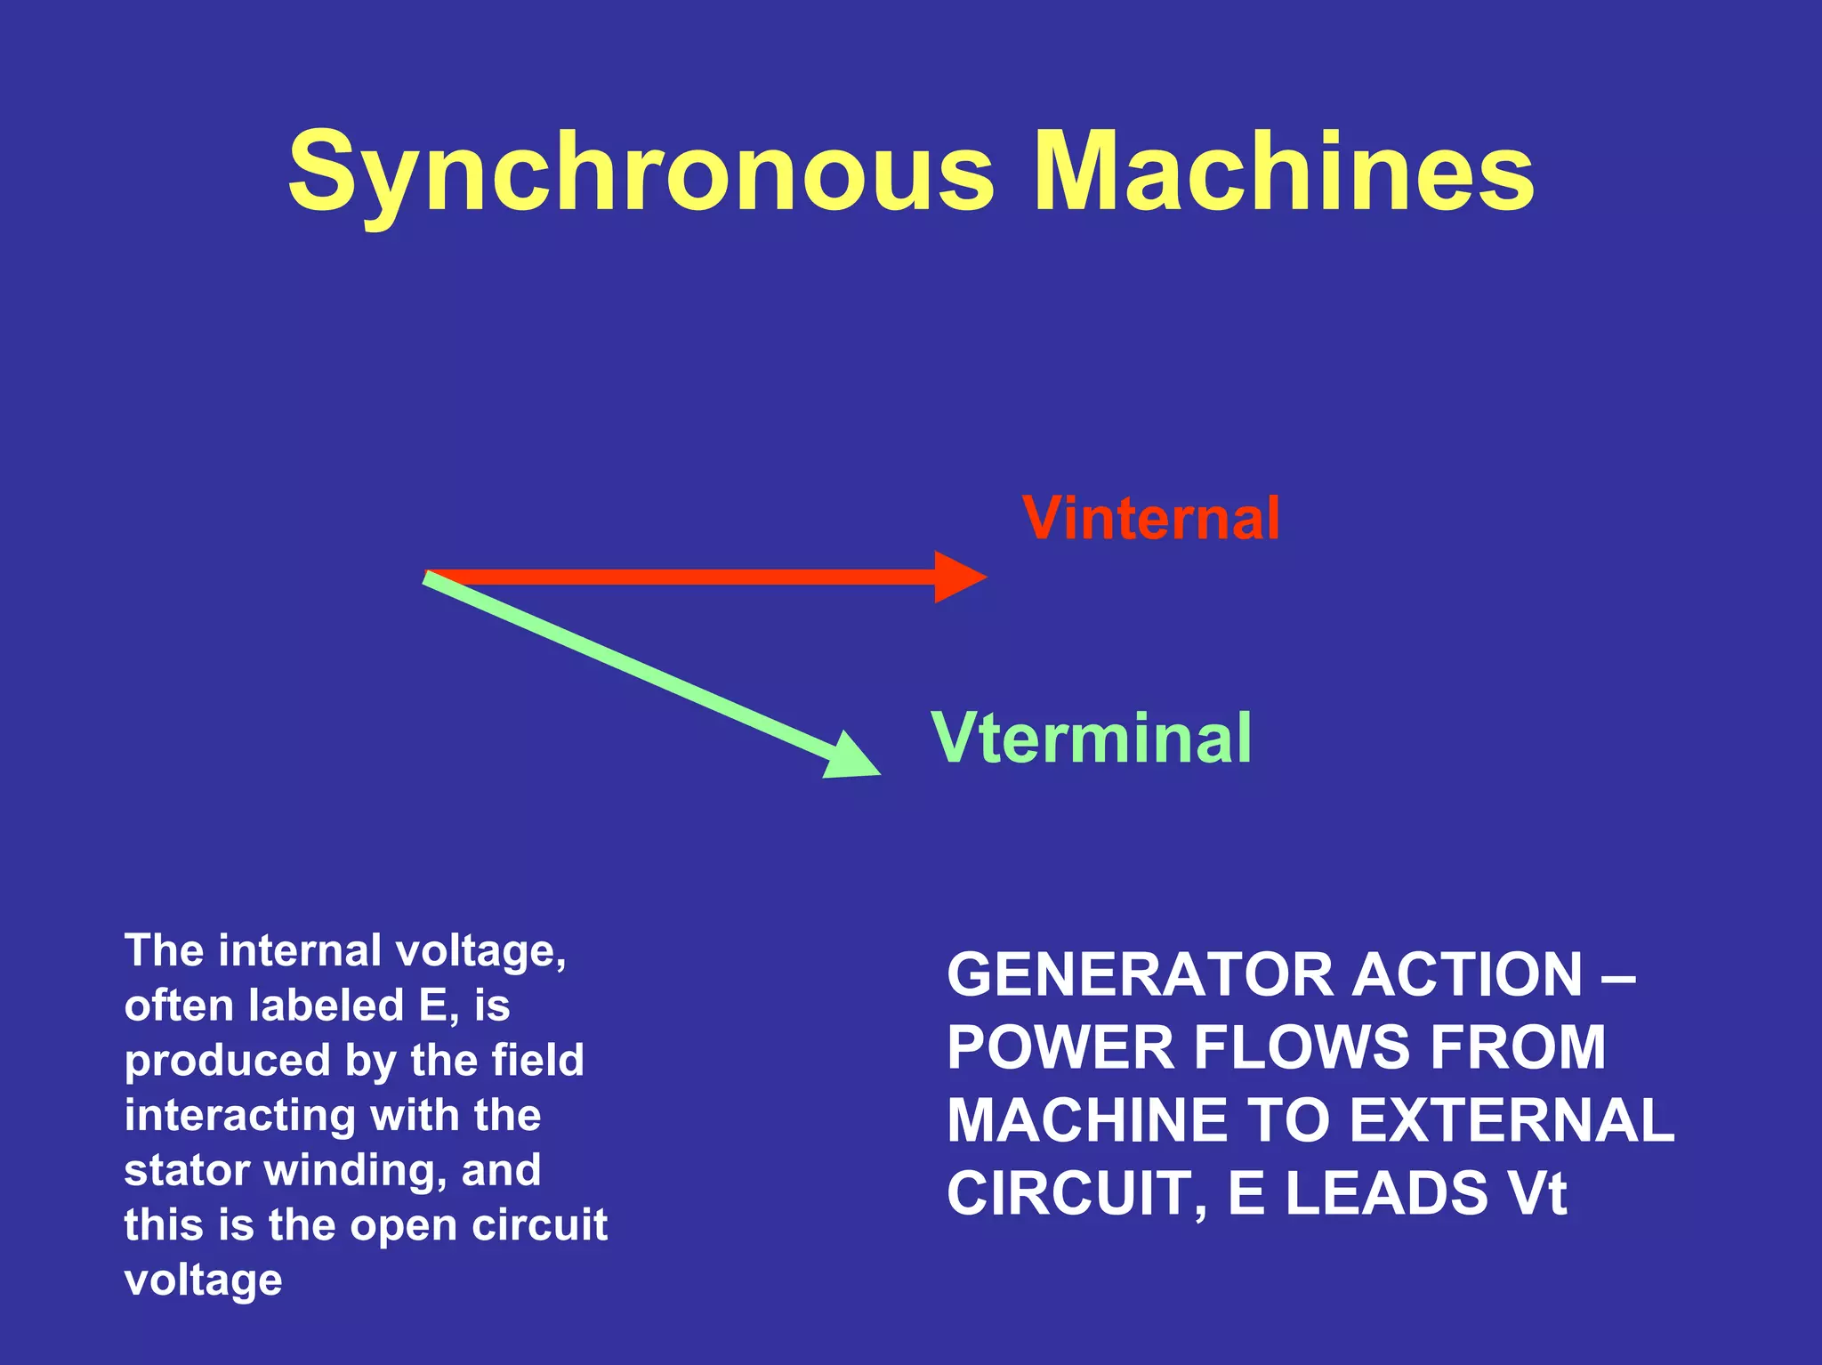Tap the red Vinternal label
pos(1151,518)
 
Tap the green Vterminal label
pos(1091,738)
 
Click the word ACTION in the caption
pos(1468,974)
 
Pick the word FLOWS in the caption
pos(1301,1047)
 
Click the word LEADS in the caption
pos(1387,1193)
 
